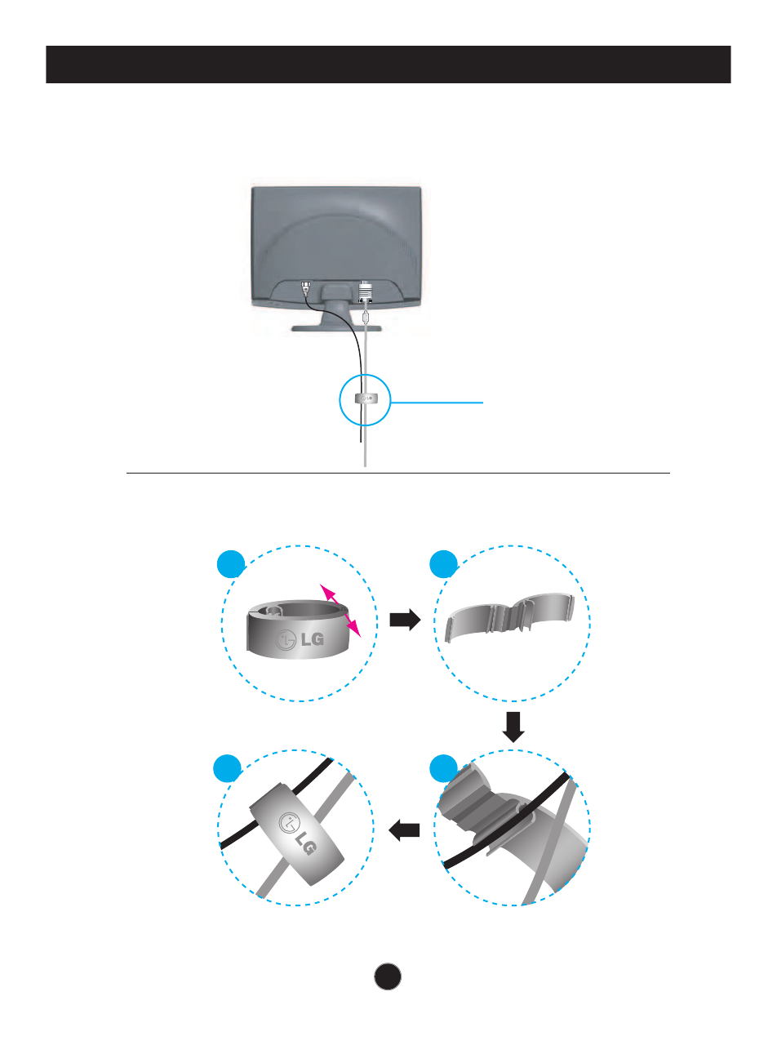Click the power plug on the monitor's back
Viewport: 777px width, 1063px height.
pyautogui.click(x=305, y=288)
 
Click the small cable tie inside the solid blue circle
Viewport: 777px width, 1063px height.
pyautogui.click(x=366, y=399)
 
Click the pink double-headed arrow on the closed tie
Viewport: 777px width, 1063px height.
pyautogui.click(x=340, y=609)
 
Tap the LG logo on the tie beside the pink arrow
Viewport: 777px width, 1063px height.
pyautogui.click(x=300, y=640)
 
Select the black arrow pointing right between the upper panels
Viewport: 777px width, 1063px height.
pyautogui.click(x=405, y=620)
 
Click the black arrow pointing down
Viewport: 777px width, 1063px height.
pyautogui.click(x=513, y=727)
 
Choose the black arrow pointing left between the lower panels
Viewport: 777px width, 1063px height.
pyautogui.click(x=404, y=831)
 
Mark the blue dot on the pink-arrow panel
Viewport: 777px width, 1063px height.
pyautogui.click(x=232, y=563)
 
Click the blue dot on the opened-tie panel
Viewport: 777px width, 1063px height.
pyautogui.click(x=445, y=563)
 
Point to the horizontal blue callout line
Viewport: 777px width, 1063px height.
pyautogui.click(x=437, y=402)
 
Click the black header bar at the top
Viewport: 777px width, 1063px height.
pyautogui.click(x=388, y=64)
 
